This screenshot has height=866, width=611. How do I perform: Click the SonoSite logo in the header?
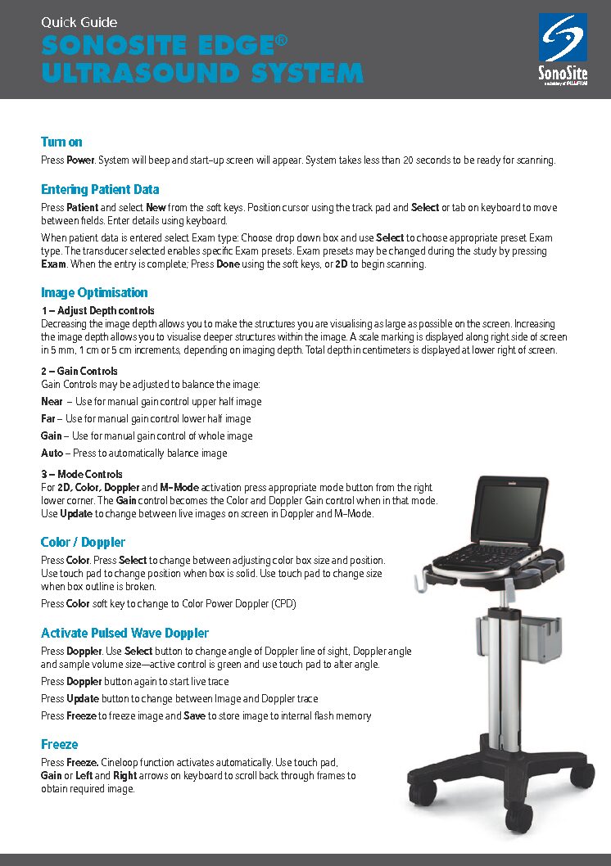pyautogui.click(x=562, y=48)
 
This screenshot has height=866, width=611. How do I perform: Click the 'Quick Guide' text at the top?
pyautogui.click(x=79, y=22)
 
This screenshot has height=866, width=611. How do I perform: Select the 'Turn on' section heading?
pyautogui.click(x=61, y=142)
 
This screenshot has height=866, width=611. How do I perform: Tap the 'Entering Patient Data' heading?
pyautogui.click(x=100, y=189)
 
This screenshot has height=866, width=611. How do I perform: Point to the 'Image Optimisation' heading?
pyautogui.click(x=94, y=292)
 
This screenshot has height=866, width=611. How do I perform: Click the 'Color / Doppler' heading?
pyautogui.click(x=83, y=542)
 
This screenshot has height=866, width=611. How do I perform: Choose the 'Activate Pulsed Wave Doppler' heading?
pyautogui.click(x=124, y=633)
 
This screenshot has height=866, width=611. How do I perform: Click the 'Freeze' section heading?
pyautogui.click(x=60, y=744)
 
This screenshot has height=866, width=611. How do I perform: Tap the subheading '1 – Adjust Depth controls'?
pyautogui.click(x=97, y=311)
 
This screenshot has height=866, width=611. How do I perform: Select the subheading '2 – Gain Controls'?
pyautogui.click(x=79, y=372)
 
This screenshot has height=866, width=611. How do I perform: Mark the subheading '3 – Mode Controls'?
pyautogui.click(x=82, y=474)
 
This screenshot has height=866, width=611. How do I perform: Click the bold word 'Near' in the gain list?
pyautogui.click(x=52, y=402)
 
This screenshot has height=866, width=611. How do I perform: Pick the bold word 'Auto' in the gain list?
pyautogui.click(x=52, y=453)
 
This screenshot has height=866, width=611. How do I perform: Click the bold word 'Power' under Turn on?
pyautogui.click(x=80, y=160)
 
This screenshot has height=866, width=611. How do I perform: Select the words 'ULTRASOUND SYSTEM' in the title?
pyautogui.click(x=201, y=73)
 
